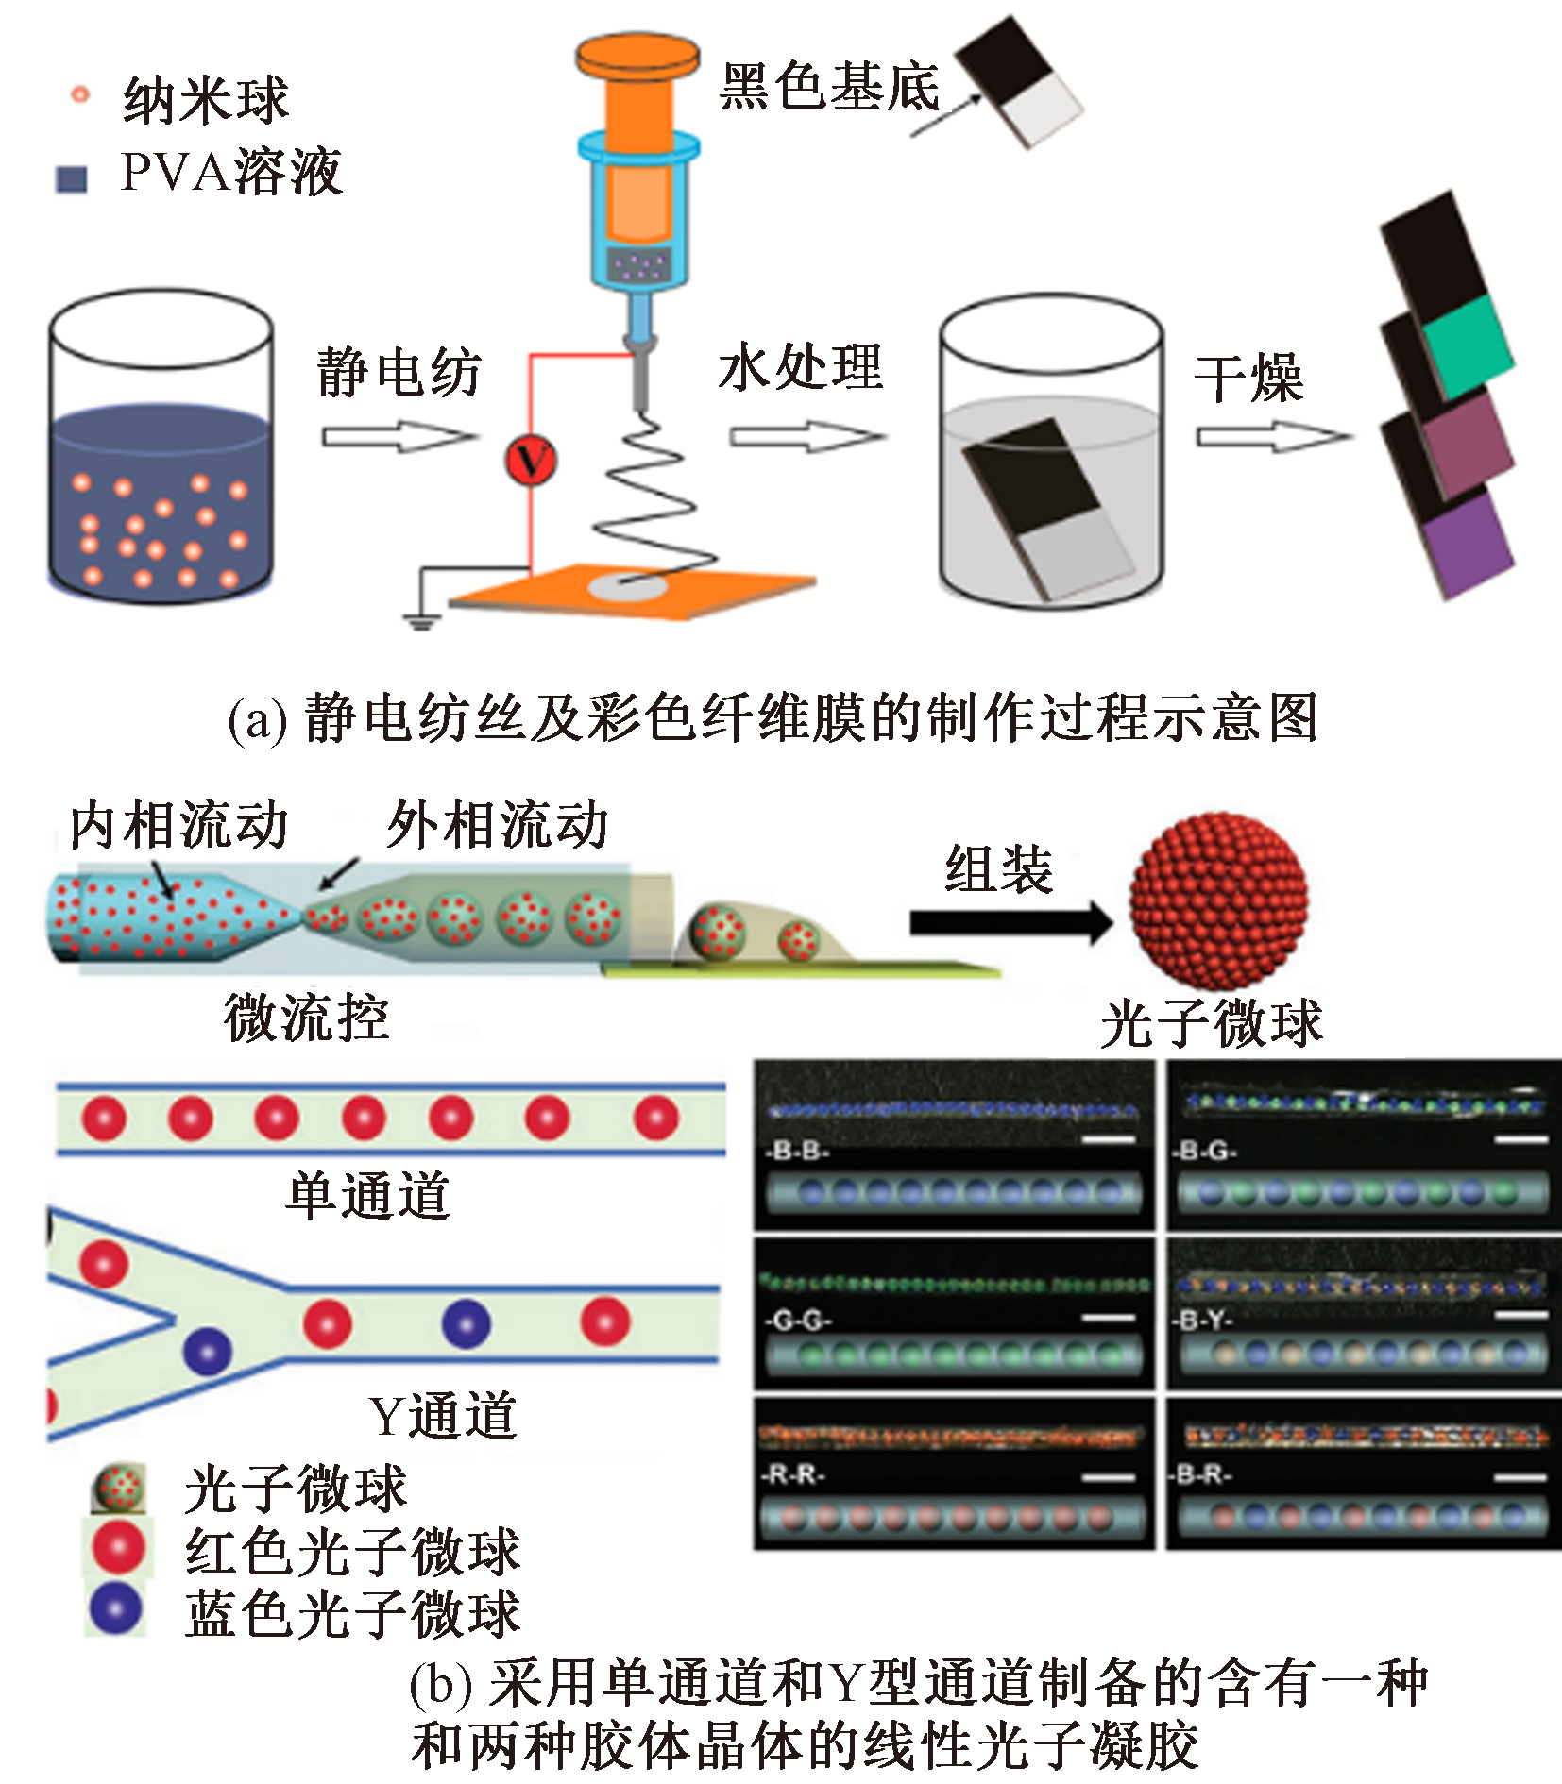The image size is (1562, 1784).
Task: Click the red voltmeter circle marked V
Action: [x=531, y=461]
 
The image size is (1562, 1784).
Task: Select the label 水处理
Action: [x=800, y=367]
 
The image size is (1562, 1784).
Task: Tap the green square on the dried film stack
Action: [x=1467, y=347]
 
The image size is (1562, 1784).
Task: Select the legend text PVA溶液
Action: [x=231, y=173]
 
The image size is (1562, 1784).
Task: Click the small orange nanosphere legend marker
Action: [x=80, y=94]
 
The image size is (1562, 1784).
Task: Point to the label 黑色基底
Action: [x=830, y=87]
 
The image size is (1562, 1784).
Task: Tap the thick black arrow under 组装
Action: [x=1010, y=922]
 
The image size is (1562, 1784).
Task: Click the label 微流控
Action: [x=306, y=1018]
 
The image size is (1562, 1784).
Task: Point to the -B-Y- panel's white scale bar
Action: [x=1521, y=1315]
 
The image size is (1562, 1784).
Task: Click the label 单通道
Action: [x=368, y=1196]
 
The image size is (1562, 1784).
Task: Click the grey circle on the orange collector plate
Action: [x=628, y=588]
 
